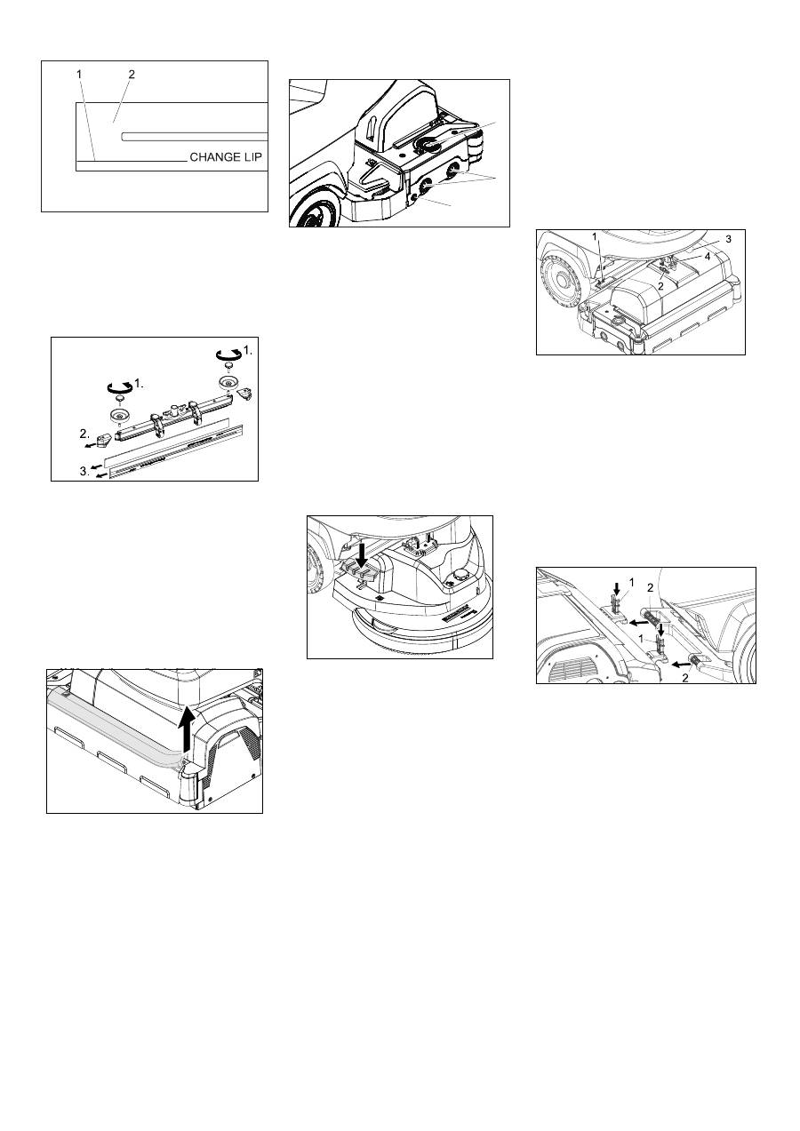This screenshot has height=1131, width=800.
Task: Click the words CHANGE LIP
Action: point(226,157)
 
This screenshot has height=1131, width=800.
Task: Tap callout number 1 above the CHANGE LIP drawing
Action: point(79,74)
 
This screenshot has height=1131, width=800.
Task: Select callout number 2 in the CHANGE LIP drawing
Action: point(132,75)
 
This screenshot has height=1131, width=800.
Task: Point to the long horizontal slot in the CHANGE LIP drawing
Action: point(194,136)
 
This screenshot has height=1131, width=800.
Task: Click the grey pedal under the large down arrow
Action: point(362,575)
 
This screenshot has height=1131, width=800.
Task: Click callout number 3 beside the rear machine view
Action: point(728,239)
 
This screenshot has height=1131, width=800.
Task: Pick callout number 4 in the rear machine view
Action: point(708,257)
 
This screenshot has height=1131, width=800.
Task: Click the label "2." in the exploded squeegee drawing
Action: point(84,434)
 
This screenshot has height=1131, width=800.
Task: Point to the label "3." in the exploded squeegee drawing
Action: point(84,472)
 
